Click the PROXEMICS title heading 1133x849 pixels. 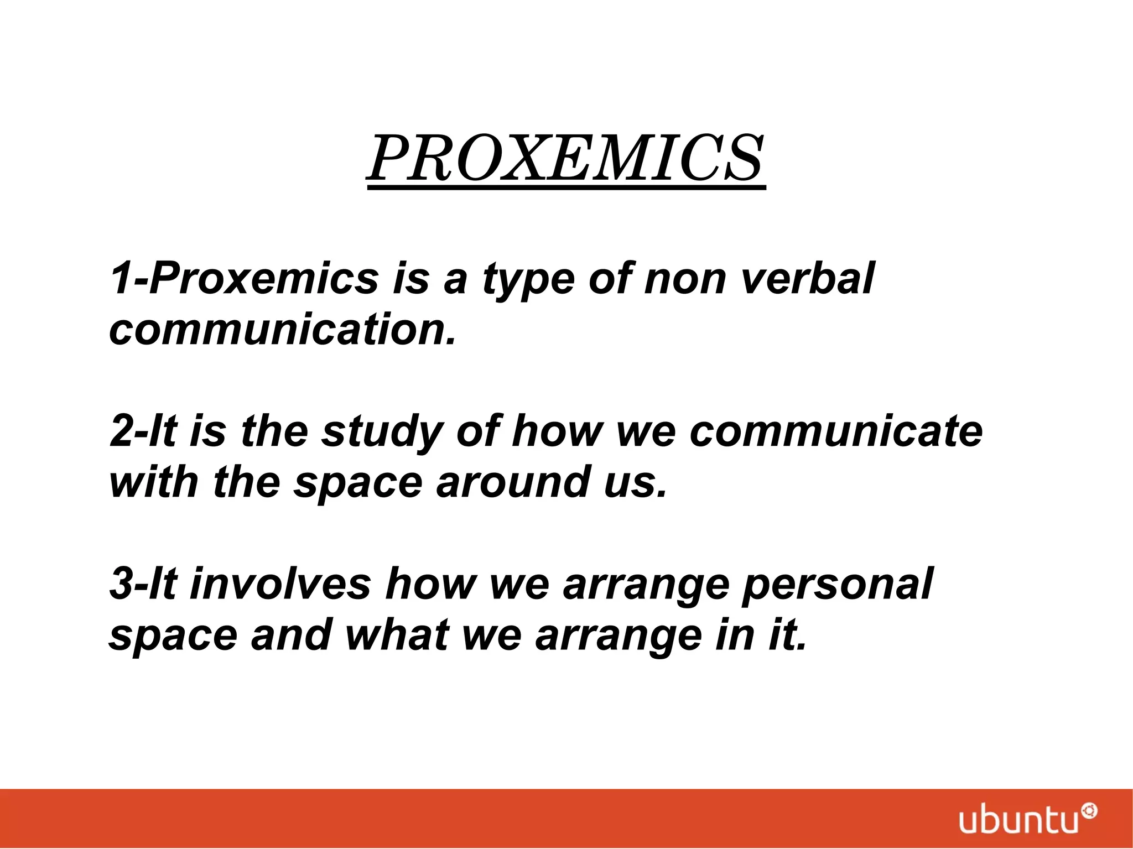566,159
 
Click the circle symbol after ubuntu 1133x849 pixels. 1089,811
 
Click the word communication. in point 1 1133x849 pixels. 283,330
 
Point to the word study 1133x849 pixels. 382,431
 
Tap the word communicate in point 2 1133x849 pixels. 836,431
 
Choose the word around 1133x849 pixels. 513,482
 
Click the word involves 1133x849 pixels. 280,584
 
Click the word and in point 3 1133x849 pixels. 291,635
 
